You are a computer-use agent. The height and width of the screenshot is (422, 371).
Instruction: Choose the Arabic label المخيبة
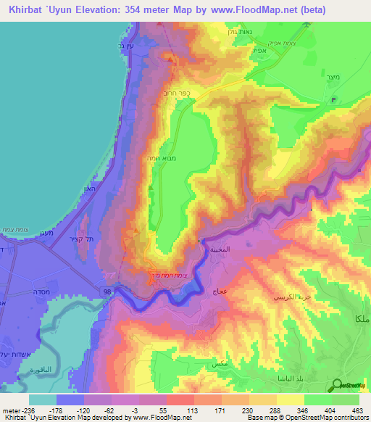point(220,249)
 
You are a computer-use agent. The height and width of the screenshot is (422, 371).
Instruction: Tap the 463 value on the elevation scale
point(357,410)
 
